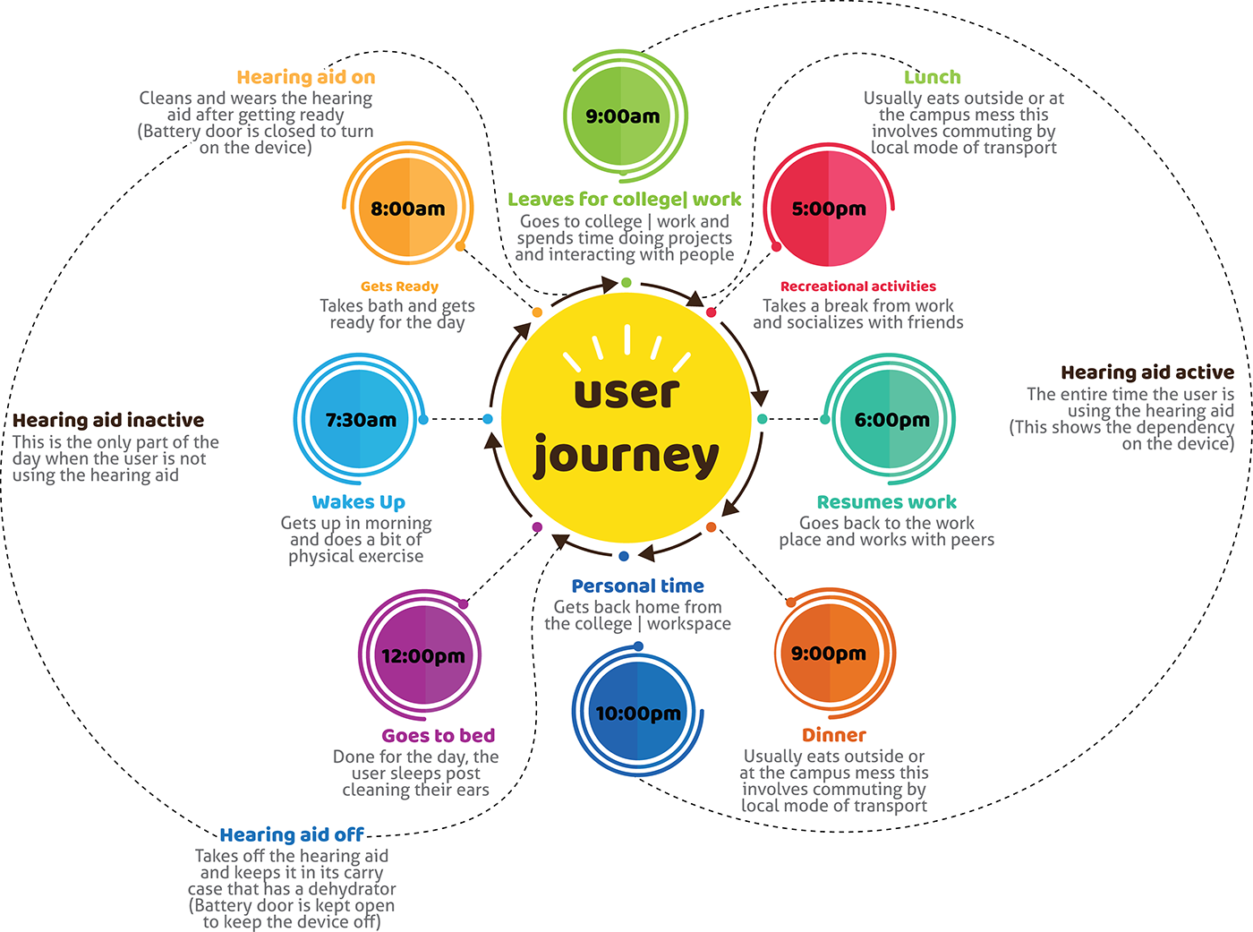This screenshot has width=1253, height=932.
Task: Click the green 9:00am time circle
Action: [623, 116]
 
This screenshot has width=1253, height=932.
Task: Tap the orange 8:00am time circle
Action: [408, 209]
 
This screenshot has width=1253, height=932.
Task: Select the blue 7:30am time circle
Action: [360, 419]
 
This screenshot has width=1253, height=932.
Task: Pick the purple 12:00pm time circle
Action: [423, 655]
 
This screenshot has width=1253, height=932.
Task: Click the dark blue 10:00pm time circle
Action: [638, 714]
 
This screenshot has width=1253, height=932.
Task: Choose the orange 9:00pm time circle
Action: [829, 654]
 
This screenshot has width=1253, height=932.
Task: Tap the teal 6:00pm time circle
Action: [891, 419]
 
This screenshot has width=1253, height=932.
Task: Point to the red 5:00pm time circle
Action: [829, 209]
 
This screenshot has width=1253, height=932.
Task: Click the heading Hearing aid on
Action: [306, 77]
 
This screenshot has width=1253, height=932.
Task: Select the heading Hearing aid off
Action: [292, 834]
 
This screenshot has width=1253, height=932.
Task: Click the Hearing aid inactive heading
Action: [108, 420]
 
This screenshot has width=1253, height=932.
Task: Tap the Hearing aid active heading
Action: [1147, 372]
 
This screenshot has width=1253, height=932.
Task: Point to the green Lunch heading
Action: [933, 77]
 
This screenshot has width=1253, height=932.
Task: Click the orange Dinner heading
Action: [834, 735]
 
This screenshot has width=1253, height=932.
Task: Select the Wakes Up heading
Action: [359, 502]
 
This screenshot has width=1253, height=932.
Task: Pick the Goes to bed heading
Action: [439, 735]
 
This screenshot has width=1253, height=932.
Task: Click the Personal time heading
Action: [638, 586]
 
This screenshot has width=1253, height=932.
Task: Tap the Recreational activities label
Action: [858, 286]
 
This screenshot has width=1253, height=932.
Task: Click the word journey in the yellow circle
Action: [626, 457]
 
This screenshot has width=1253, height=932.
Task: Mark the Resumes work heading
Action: [887, 502]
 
